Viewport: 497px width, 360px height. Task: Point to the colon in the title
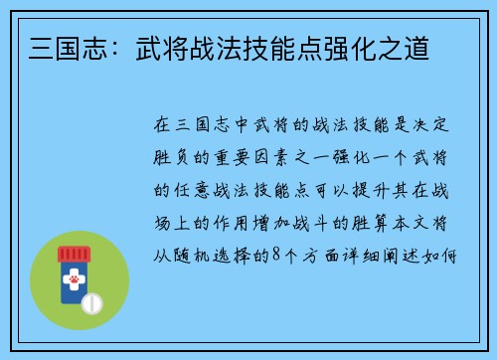(x=92, y=47)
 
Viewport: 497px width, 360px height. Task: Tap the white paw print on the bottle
(x=73, y=283)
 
